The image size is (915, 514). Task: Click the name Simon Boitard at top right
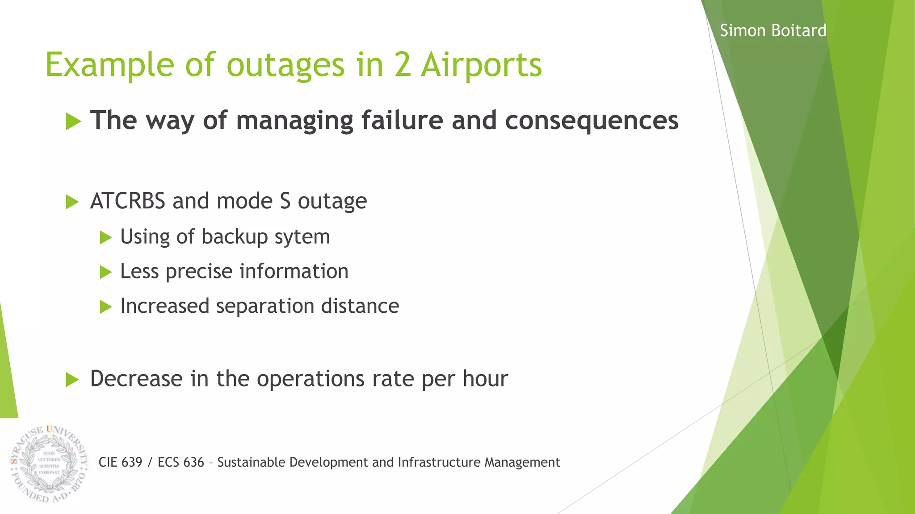pyautogui.click(x=773, y=31)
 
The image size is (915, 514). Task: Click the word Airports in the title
pyautogui.click(x=481, y=65)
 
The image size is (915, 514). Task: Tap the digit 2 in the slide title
pyautogui.click(x=403, y=65)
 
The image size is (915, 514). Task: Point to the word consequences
pyautogui.click(x=592, y=121)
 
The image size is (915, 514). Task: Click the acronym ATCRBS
pyautogui.click(x=128, y=201)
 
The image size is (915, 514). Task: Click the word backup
pyautogui.click(x=235, y=237)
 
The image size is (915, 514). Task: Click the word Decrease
pyautogui.click(x=136, y=379)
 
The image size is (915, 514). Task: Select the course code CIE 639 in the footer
pyautogui.click(x=120, y=462)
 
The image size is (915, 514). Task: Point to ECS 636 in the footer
pyautogui.click(x=181, y=462)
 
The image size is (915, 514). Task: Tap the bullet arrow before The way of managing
pyautogui.click(x=73, y=121)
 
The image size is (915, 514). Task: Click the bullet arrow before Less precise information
pyautogui.click(x=105, y=272)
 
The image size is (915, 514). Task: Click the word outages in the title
pyautogui.click(x=285, y=65)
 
